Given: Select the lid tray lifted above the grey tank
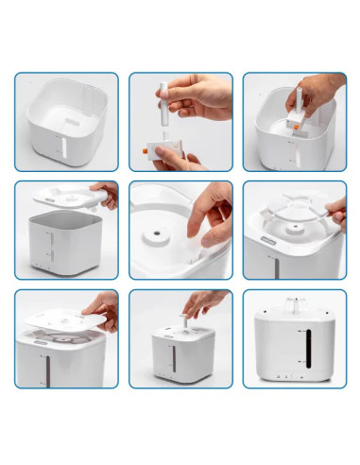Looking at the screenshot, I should pyautogui.click(x=66, y=199).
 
